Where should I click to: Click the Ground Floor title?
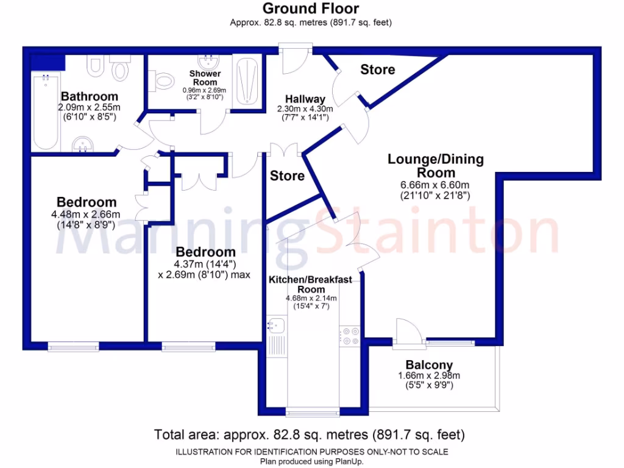311,9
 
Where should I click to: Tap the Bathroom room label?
90,97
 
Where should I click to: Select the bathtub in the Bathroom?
46,113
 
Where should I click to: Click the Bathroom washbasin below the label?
83,144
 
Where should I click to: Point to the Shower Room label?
205,78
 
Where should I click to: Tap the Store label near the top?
377,69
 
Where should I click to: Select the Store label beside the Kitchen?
287,176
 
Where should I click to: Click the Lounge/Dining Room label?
436,166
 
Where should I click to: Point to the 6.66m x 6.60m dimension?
436,185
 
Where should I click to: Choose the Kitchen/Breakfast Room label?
311,284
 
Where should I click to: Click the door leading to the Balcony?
407,334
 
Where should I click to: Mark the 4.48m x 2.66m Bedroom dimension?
86,214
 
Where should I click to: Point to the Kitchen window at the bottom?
313,413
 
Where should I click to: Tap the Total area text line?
310,435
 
